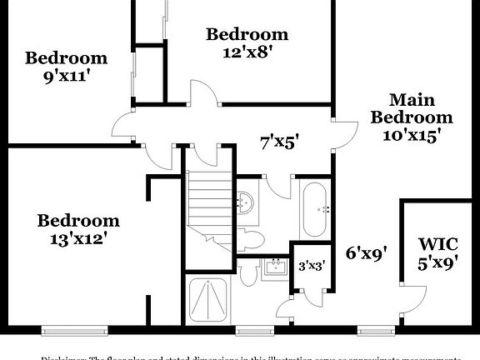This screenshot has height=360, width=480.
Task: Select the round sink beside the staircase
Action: pyautogui.click(x=245, y=202)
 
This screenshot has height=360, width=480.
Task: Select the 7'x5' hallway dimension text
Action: pyautogui.click(x=279, y=142)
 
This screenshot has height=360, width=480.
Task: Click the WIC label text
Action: pyautogui.click(x=437, y=245)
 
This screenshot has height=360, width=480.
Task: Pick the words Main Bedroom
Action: pyautogui.click(x=412, y=108)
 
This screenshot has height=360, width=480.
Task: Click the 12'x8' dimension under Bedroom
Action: pyautogui.click(x=247, y=51)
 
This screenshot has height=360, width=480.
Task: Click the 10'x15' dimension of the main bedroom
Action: pyautogui.click(x=412, y=135)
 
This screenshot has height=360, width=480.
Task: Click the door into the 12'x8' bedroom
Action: pyautogui.click(x=203, y=93)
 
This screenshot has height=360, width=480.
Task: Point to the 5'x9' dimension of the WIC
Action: pyautogui.click(x=437, y=264)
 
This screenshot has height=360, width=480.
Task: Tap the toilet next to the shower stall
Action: pyautogui.click(x=247, y=274)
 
